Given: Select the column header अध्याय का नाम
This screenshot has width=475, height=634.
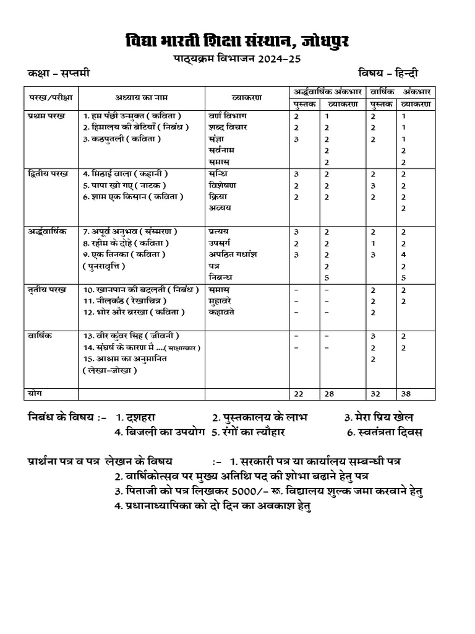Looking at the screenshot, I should click(141, 97).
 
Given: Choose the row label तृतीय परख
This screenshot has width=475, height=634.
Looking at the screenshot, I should click(47, 289).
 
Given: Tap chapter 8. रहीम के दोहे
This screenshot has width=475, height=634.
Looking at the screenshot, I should click(121, 243).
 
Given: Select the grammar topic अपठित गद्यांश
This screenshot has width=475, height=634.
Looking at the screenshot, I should click(233, 254).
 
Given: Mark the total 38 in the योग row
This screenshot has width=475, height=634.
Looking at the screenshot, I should click(406, 394).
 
